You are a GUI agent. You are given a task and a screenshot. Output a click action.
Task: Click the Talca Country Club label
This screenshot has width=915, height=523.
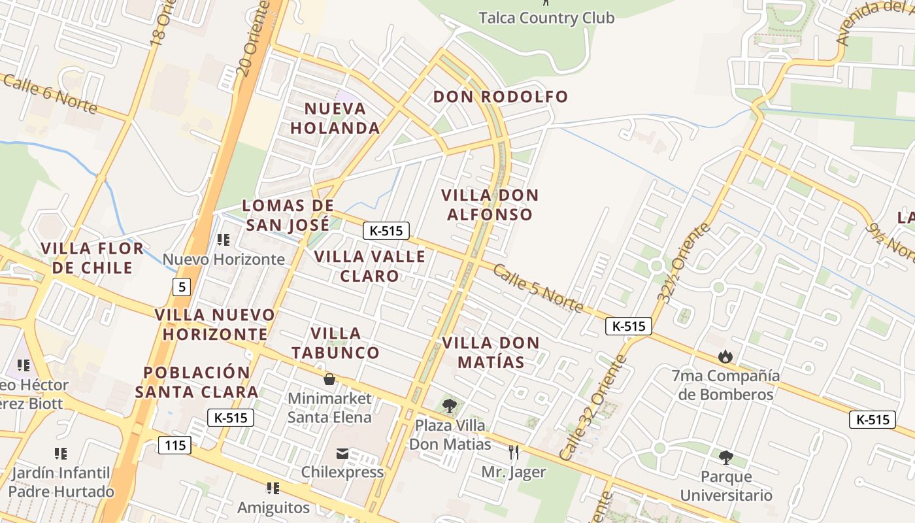(x=546, y=18)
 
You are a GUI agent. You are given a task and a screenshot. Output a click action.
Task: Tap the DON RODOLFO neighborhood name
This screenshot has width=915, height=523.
(x=501, y=97)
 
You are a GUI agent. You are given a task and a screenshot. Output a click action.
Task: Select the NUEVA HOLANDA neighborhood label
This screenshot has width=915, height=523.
(x=335, y=118)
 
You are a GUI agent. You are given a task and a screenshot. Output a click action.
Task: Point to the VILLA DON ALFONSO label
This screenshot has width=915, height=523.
(x=490, y=205)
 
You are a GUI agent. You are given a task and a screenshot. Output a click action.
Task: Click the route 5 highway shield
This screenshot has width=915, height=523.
(x=182, y=286)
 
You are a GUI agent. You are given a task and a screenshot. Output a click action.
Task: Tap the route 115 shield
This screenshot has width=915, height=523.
(x=175, y=446)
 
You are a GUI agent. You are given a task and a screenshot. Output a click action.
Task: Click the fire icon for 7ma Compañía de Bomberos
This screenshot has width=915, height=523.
(x=725, y=356)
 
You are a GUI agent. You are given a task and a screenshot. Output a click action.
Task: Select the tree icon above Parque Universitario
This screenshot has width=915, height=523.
(x=725, y=457)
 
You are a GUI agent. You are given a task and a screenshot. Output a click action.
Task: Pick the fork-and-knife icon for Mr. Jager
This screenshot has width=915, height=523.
(x=514, y=452)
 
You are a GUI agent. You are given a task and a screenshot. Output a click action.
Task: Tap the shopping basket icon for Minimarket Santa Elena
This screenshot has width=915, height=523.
(x=329, y=379)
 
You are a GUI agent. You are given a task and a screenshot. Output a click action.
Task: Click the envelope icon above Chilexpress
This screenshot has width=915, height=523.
(x=342, y=454)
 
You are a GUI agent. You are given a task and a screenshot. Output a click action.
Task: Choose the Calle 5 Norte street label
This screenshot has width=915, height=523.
(x=537, y=288)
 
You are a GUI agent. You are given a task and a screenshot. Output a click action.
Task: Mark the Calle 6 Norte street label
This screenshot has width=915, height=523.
(x=50, y=93)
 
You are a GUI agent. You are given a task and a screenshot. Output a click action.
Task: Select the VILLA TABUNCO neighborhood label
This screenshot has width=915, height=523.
(x=335, y=343)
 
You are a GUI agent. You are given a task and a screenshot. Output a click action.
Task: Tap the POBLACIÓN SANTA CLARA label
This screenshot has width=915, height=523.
(x=197, y=382)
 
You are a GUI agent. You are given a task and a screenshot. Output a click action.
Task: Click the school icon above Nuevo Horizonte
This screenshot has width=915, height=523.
(x=224, y=240)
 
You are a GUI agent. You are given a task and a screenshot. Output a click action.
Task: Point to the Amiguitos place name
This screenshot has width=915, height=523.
(x=273, y=507)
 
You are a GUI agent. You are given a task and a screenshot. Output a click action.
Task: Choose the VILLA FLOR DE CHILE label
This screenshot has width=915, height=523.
(x=92, y=258)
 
